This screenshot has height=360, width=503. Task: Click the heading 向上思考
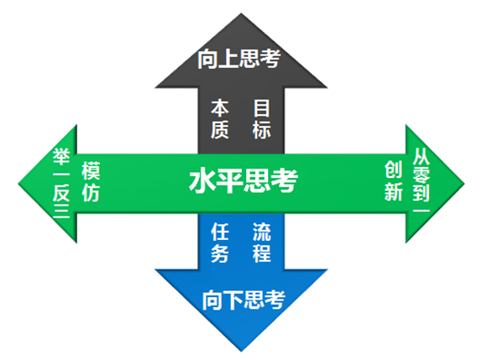coord(239,59)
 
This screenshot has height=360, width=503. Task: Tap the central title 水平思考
coord(244,180)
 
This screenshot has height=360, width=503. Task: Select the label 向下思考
coord(244,300)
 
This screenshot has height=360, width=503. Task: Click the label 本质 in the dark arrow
coord(220,119)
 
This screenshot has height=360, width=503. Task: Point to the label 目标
coord(262,119)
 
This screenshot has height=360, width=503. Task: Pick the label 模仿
coord(91,181)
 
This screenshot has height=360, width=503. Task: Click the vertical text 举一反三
coord(61,183)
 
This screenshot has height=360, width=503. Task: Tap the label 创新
coord(393,180)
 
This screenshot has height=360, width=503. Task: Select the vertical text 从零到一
coord(422,180)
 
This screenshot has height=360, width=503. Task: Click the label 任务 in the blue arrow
coord(220,243)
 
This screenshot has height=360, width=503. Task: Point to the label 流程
coord(262,243)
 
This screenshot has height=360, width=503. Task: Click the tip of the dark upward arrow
coord(241,13)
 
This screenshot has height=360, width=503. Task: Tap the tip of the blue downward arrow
coord(241,352)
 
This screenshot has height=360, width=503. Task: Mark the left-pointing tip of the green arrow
coord(18,184)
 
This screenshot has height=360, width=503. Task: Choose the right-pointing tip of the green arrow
coord(464,184)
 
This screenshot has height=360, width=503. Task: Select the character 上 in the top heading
coord(228,59)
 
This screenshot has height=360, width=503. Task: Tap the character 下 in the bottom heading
coord(233,300)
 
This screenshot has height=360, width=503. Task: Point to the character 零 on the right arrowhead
coord(422,175)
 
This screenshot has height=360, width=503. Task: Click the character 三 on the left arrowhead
coord(61,211)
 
